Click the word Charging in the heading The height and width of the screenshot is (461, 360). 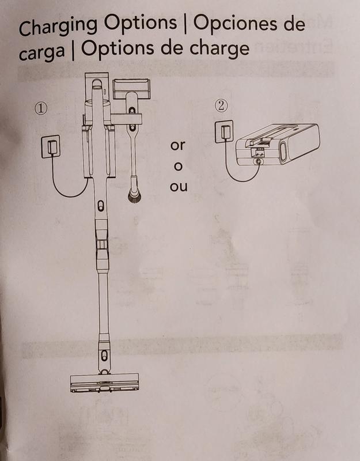58,27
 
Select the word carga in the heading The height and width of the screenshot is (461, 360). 41,52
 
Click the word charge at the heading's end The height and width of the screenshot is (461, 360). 219,49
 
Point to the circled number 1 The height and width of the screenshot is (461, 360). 41,108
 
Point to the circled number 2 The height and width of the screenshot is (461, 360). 221,105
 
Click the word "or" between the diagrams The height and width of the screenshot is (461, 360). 177,145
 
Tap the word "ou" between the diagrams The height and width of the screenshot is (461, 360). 179,186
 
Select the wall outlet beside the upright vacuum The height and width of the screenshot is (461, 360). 51,146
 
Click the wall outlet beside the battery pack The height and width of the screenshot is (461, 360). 224,132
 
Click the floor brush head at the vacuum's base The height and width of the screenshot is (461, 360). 104,383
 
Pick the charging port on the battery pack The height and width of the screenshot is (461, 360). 258,162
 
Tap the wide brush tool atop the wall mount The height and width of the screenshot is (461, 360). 131,89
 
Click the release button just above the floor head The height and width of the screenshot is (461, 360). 104,356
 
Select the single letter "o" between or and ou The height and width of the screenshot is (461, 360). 178,167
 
